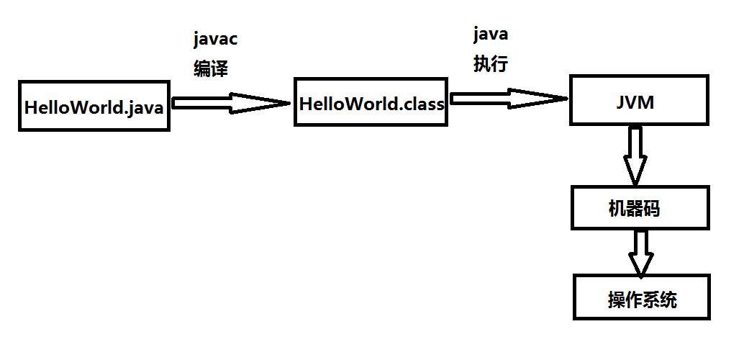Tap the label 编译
(211, 68)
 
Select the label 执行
(491, 63)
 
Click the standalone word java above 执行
(491, 34)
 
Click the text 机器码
(634, 210)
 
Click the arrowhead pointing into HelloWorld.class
(266, 104)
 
